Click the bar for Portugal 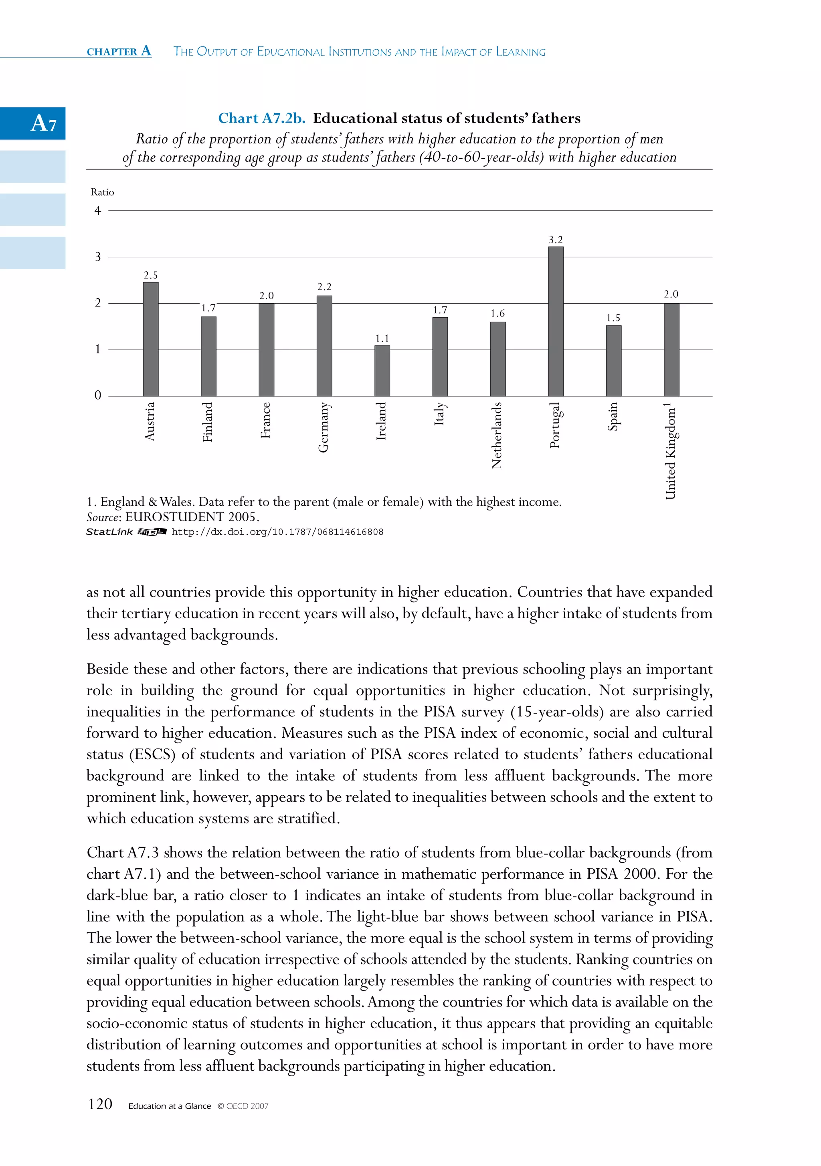point(555,321)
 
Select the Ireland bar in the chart point(382,371)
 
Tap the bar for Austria point(150,339)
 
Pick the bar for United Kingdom point(671,350)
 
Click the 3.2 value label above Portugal point(555,240)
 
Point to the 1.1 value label point(382,338)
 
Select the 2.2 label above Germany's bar point(324,287)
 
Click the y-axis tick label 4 point(97,211)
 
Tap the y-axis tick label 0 point(97,395)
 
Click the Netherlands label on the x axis point(497,435)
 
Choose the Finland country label point(207,422)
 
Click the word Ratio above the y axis point(102,192)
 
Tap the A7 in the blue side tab point(43,123)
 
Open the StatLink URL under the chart point(277,532)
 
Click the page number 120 point(100,1103)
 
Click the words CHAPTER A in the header point(119,51)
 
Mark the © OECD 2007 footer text point(243,1106)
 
